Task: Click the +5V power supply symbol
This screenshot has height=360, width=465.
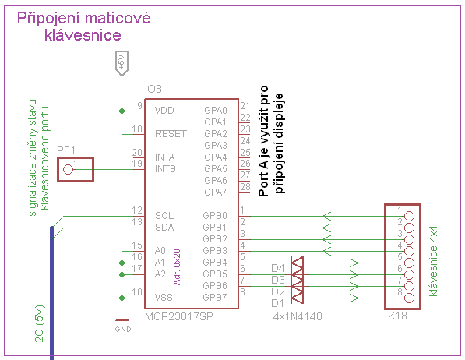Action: click(122, 63)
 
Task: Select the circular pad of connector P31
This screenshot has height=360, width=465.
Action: click(69, 170)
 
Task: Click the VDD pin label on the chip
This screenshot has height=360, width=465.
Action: click(164, 111)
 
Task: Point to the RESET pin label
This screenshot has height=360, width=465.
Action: click(171, 134)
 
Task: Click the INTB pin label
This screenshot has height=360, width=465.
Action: click(165, 169)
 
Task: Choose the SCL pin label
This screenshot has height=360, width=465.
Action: click(164, 216)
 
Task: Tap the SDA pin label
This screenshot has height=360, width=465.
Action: click(164, 228)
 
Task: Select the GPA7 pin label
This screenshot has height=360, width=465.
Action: click(216, 192)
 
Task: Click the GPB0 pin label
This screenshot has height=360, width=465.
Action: click(215, 216)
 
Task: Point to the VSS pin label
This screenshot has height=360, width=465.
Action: click(164, 298)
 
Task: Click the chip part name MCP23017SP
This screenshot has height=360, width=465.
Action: click(179, 316)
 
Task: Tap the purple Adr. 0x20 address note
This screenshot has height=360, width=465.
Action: click(177, 267)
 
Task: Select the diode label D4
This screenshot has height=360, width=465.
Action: click(278, 269)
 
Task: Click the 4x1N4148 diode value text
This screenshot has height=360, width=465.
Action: click(298, 316)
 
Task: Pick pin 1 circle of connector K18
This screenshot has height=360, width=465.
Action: click(409, 216)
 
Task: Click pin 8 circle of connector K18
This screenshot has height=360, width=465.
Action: click(409, 298)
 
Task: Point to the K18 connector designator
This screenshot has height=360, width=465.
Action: click(397, 316)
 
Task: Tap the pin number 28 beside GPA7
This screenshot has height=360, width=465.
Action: click(245, 187)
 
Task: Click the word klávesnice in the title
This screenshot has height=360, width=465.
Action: click(83, 35)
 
